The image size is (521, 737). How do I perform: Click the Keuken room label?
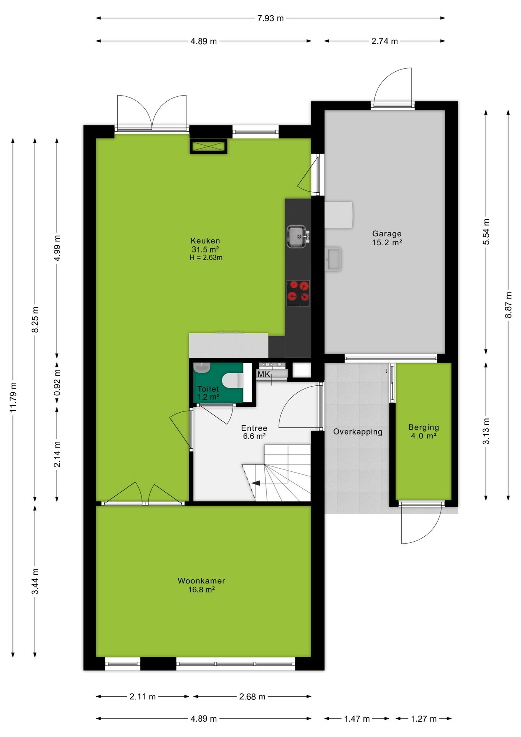tap(205, 241)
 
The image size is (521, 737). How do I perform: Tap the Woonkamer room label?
tap(201, 581)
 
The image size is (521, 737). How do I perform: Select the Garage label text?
tap(387, 233)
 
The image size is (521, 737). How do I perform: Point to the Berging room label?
tap(424, 427)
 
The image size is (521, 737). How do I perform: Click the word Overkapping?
tap(358, 432)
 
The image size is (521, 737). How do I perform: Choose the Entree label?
tap(254, 428)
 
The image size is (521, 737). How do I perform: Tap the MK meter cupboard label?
tap(264, 374)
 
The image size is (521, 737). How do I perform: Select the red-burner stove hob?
tap(298, 293)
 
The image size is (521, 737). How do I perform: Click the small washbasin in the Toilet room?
tap(202, 367)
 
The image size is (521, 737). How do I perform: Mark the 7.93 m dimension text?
tap(270, 18)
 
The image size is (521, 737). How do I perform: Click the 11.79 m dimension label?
tap(13, 397)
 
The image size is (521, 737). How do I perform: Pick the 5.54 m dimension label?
tap(486, 232)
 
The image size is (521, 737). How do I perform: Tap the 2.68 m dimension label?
tap(252, 696)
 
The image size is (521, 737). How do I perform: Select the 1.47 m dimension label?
tap(357, 719)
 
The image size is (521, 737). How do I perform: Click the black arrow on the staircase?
tap(256, 483)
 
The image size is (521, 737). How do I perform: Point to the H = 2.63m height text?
tap(206, 258)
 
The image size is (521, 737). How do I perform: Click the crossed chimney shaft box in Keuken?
tap(208, 146)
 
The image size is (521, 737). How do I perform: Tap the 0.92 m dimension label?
tap(57, 383)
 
